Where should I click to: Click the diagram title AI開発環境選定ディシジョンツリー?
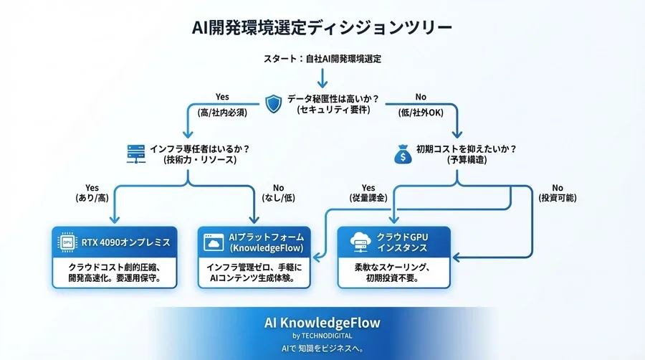click(x=322, y=27)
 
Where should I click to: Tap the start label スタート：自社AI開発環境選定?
click(x=322, y=59)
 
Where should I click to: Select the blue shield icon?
click(x=274, y=103)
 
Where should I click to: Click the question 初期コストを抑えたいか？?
click(x=466, y=148)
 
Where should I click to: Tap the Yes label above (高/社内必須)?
click(x=222, y=98)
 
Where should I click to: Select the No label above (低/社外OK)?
click(x=421, y=98)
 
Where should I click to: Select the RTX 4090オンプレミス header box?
click(x=115, y=242)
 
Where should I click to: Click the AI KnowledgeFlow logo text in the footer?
click(x=322, y=323)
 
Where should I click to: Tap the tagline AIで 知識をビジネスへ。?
click(x=322, y=349)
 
